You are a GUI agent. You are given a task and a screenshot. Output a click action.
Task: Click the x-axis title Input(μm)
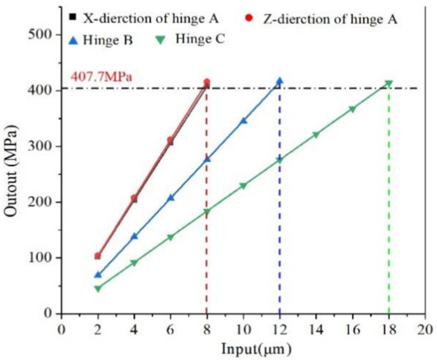[x=242, y=347]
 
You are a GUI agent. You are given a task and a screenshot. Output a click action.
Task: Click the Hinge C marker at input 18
[x=389, y=84]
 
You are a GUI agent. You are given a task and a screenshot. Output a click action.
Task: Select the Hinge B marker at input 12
[x=279, y=81]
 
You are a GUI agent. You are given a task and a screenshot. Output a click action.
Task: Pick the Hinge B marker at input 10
[x=243, y=122]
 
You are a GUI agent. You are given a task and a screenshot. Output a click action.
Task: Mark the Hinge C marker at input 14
[x=316, y=135]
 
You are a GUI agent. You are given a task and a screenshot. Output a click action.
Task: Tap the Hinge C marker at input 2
[x=98, y=288]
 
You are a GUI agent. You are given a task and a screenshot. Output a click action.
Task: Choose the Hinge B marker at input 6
[x=170, y=198]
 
